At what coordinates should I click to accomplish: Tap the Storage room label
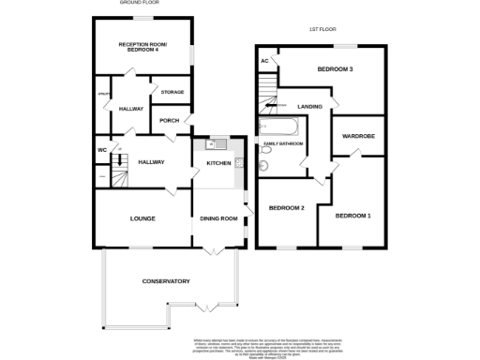(172, 92)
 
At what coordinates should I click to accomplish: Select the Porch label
(169, 120)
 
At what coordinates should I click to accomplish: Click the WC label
(101, 150)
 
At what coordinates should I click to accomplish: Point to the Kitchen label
(218, 163)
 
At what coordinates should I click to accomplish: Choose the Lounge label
(142, 218)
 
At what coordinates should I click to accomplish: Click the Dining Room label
(218, 218)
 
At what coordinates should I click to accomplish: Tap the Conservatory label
(166, 281)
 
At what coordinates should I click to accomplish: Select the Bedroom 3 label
(334, 69)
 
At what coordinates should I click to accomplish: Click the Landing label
(309, 107)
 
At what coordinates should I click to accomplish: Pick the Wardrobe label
(358, 137)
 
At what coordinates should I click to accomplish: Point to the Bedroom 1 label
(353, 216)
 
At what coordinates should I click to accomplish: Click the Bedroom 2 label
(287, 207)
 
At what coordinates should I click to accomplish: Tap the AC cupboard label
(264, 61)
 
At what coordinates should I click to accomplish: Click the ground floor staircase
(119, 171)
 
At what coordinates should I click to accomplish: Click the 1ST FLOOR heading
(323, 29)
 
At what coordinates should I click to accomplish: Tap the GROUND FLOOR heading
(139, 3)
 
